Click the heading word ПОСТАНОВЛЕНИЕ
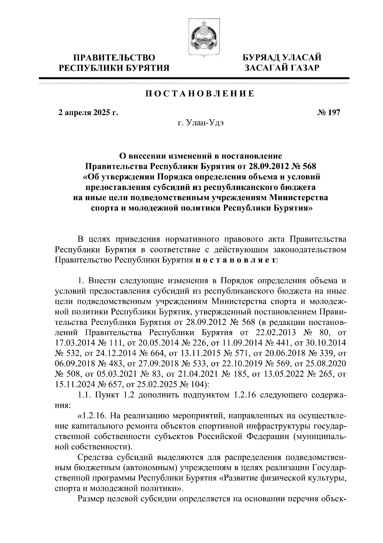point(200,94)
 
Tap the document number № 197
point(329,112)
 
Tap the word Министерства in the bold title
point(298,197)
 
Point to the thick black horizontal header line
point(194,78)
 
